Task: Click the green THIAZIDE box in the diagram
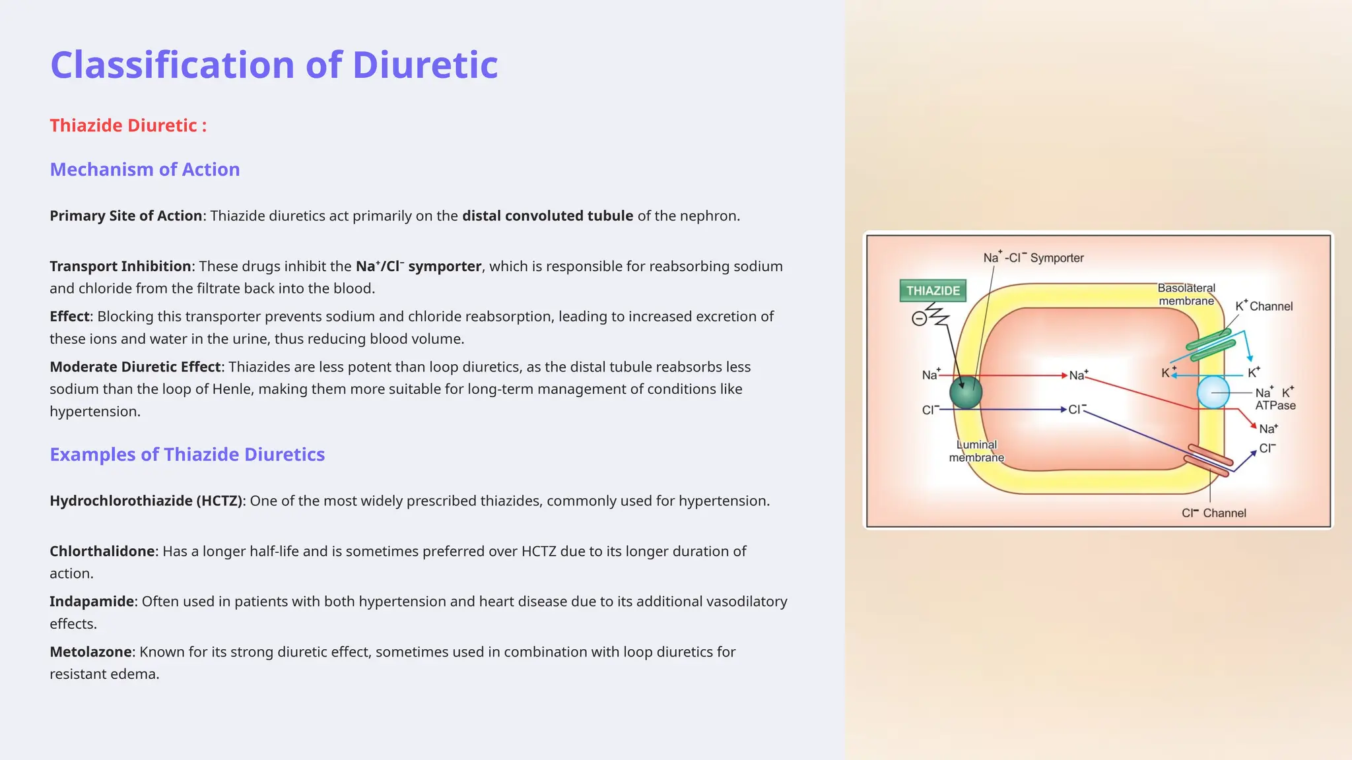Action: click(x=933, y=291)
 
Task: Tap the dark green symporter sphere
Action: click(x=966, y=392)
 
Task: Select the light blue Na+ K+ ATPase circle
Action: click(x=1213, y=393)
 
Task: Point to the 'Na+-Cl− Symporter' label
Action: click(x=1033, y=258)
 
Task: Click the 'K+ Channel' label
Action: click(x=1264, y=306)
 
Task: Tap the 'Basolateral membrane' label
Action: click(x=1186, y=294)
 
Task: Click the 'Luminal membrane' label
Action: click(x=976, y=451)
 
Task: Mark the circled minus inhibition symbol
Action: click(x=918, y=319)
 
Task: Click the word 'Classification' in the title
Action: click(x=172, y=65)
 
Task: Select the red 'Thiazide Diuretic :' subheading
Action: click(x=128, y=125)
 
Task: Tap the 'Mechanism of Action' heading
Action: click(x=145, y=170)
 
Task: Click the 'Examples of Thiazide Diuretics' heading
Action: click(x=187, y=455)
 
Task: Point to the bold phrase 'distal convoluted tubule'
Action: click(x=547, y=216)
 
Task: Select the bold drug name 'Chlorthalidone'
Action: click(x=102, y=551)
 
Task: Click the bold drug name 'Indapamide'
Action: click(x=92, y=602)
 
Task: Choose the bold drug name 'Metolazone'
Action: click(x=91, y=652)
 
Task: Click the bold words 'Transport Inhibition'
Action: click(x=120, y=266)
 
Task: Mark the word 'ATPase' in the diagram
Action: click(x=1275, y=406)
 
